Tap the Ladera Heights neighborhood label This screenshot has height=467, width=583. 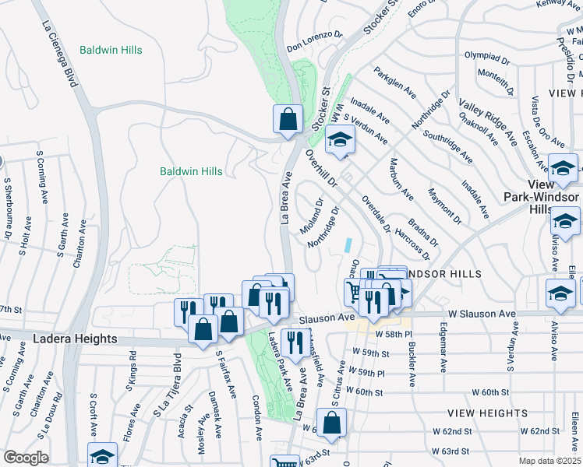click(75, 339)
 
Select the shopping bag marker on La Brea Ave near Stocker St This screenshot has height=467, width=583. click(288, 120)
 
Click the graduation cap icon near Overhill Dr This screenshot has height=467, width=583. click(340, 140)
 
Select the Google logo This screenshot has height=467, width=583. click(26, 458)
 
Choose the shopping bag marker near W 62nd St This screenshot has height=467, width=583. click(331, 423)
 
